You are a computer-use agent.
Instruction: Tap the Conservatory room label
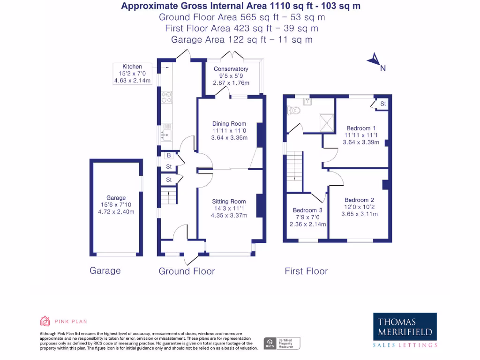tap(231, 69)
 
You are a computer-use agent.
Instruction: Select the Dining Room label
tap(229, 124)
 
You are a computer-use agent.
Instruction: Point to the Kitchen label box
tap(133, 74)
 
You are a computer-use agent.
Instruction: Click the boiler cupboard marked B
tap(168, 155)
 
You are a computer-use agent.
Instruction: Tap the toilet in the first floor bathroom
tap(294, 111)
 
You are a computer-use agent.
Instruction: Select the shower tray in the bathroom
tap(326, 122)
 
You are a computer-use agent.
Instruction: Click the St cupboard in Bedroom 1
tap(382, 104)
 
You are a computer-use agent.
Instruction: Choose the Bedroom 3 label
tap(307, 210)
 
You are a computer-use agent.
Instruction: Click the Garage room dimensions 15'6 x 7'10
tap(116, 205)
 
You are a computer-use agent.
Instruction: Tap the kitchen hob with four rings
tap(166, 97)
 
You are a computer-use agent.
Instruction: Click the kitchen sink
tap(166, 135)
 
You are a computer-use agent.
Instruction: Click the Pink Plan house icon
tap(45, 321)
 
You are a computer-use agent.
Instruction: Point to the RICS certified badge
tap(282, 343)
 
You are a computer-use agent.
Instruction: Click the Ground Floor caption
tap(187, 271)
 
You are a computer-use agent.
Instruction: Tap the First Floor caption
tap(306, 271)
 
